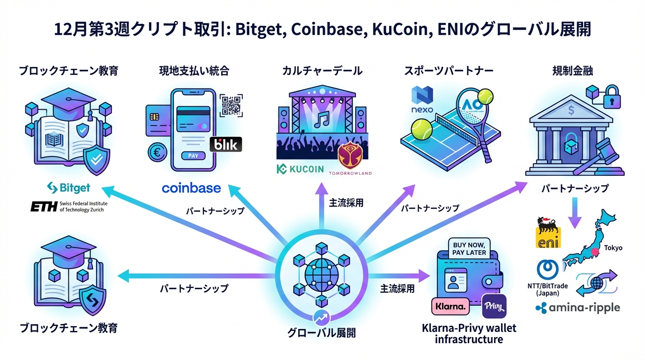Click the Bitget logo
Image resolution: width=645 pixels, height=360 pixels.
click(x=68, y=188)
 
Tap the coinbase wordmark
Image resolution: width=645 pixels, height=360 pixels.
click(x=191, y=188)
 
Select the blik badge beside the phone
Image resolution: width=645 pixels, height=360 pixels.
click(x=226, y=144)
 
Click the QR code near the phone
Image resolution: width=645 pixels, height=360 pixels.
click(x=231, y=105)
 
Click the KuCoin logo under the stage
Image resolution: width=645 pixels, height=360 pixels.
click(x=300, y=169)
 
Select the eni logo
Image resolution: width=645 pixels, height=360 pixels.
click(x=547, y=232)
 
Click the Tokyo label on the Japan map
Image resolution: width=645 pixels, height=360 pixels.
click(x=613, y=247)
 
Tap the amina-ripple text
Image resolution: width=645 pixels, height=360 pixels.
click(x=577, y=307)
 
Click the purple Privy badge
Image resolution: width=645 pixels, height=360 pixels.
click(x=494, y=307)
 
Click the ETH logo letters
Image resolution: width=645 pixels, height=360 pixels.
click(x=44, y=206)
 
